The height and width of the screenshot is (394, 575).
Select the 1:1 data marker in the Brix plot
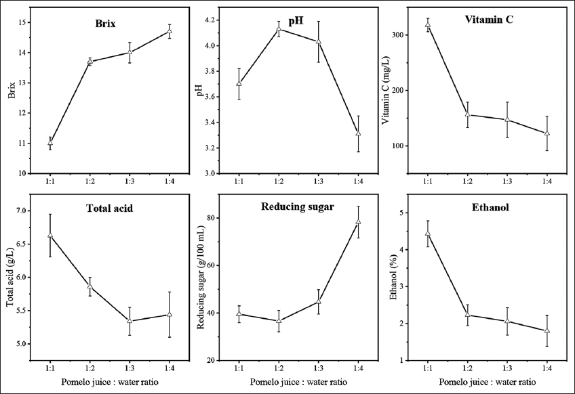(50, 143)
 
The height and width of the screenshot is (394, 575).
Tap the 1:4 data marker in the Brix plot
(170, 30)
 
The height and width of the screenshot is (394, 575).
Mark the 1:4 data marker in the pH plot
(358, 133)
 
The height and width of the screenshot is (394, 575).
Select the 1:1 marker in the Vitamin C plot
(427, 25)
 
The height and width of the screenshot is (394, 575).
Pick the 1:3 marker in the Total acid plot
(130, 321)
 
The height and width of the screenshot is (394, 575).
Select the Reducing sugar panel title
(298, 206)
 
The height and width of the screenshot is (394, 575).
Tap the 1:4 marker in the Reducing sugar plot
(358, 222)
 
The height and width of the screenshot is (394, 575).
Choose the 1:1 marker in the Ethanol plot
(427, 234)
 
